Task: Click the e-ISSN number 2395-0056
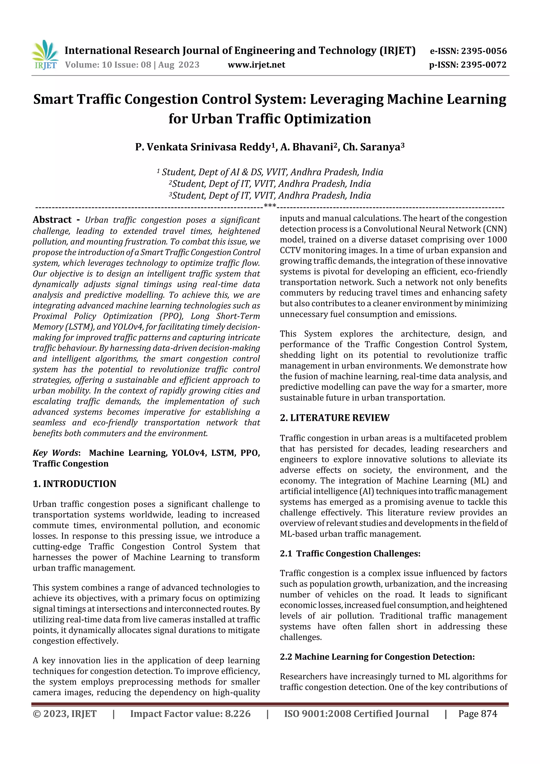tap(483, 51)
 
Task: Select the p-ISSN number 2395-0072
tap(483, 65)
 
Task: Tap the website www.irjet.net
tap(256, 65)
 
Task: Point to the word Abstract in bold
tap(52, 220)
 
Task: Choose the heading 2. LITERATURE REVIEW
tap(334, 418)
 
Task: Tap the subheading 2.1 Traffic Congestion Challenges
tap(350, 553)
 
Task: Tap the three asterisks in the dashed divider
tap(269, 206)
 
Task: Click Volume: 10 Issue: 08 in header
tap(108, 65)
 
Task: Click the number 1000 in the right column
tap(497, 239)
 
